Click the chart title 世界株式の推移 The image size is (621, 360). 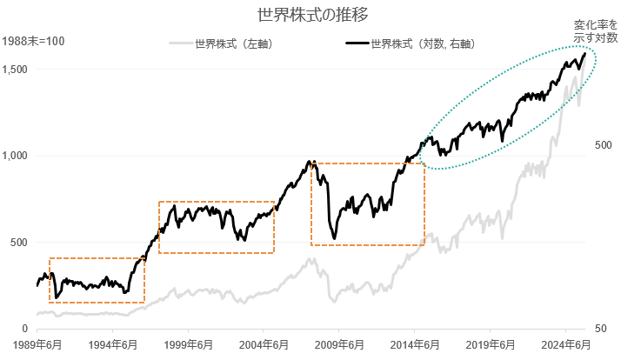click(310, 16)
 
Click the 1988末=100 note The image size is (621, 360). click(33, 41)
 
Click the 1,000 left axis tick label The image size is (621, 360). click(18, 156)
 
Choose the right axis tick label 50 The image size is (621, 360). click(601, 330)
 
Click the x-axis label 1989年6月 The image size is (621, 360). click(37, 344)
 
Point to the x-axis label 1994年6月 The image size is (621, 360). click(113, 344)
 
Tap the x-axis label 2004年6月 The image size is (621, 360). click(264, 344)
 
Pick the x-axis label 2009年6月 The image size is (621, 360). click(339, 344)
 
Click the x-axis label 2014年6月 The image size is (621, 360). click(415, 344)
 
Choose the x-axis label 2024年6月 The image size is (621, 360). click(566, 344)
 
